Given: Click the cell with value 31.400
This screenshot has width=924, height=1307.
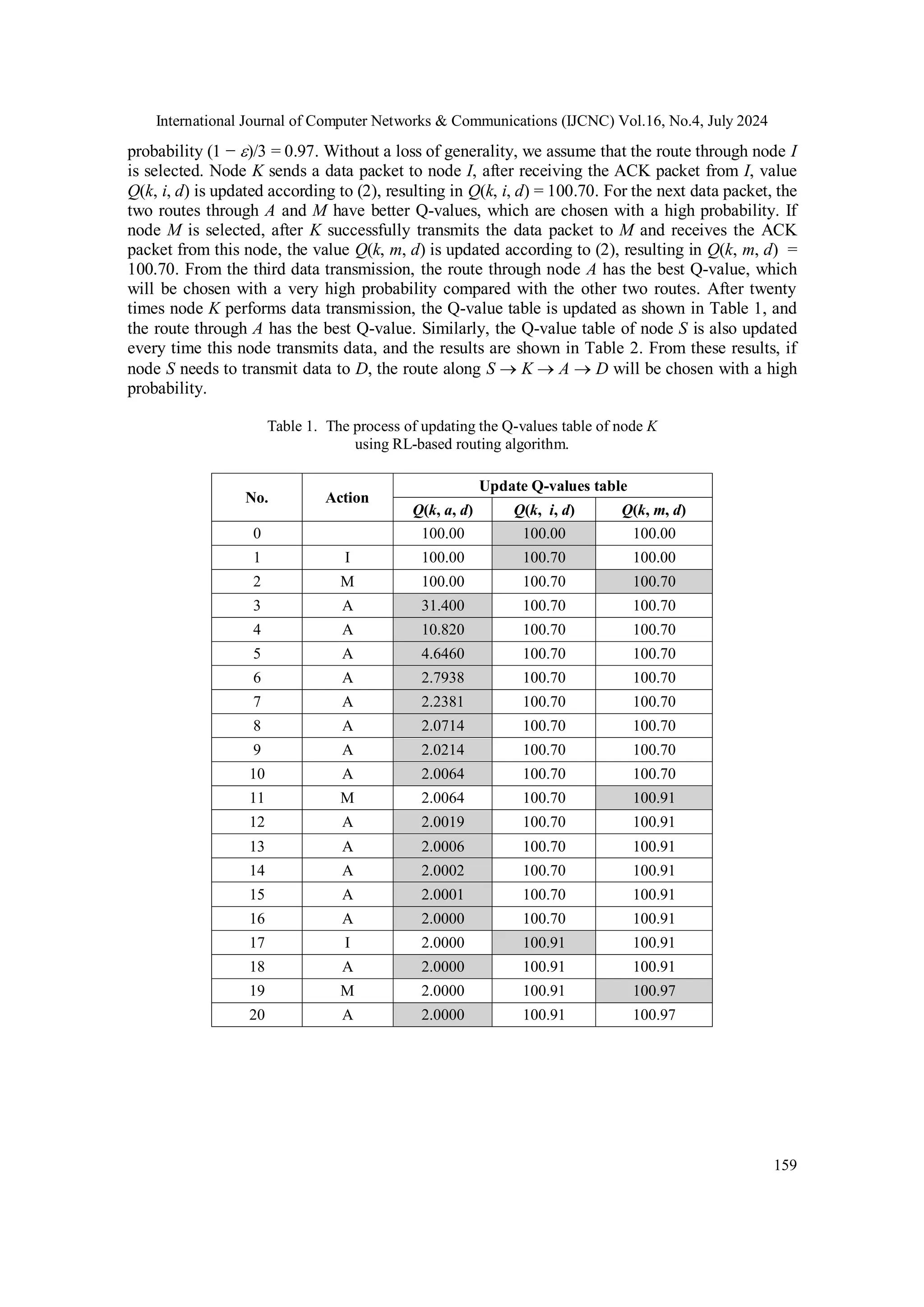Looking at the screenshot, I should tap(442, 606).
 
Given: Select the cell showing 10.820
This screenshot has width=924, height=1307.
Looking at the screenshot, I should tap(442, 630).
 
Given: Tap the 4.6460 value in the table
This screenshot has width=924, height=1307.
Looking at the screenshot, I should tap(442, 653).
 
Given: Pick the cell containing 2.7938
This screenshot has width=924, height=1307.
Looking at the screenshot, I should tap(442, 677).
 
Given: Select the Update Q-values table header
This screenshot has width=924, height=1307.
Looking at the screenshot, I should tap(553, 486).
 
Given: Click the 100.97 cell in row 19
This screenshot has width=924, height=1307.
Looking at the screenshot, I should tap(654, 991).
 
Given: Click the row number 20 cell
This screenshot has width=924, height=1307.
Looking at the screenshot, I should tap(257, 1015).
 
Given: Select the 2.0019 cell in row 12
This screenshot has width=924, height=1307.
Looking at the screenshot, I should tap(442, 822).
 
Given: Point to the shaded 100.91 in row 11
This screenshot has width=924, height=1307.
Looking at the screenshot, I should tap(654, 798).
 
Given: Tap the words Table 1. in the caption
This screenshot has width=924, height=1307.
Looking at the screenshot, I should tap(292, 426).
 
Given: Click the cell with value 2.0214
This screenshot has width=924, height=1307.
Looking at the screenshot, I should tap(442, 750).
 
